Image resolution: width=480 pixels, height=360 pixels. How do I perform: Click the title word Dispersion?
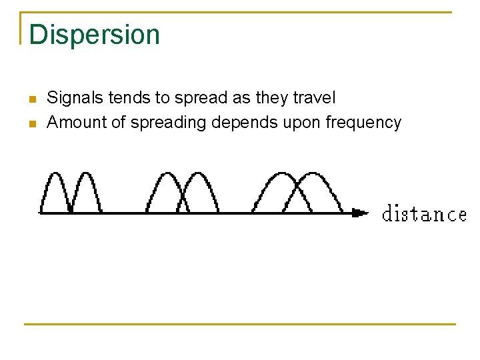point(94,35)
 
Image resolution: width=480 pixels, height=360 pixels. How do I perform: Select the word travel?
point(314,98)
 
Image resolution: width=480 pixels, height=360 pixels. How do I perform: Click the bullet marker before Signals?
point(31,100)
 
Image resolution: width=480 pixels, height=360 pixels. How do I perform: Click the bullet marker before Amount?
point(31,125)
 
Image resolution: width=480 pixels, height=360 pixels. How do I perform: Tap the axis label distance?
point(424,214)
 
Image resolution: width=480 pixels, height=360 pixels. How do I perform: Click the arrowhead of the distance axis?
point(361,213)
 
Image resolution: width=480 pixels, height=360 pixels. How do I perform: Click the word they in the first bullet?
point(271,98)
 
